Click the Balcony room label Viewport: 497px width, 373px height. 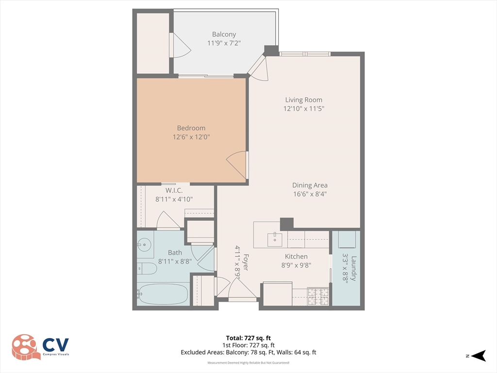[x=224, y=34]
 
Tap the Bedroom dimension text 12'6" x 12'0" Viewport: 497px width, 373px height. [x=191, y=137]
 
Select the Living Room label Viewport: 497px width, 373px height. [x=304, y=100]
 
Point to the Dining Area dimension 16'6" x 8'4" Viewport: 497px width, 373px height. [x=310, y=194]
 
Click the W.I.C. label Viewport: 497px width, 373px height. [x=174, y=190]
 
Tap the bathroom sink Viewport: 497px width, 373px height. [x=144, y=245]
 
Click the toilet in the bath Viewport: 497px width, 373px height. [x=147, y=269]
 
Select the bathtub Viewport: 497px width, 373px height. [x=162, y=294]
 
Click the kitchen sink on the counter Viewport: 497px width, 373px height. [x=275, y=239]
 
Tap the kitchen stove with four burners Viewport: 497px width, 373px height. [x=318, y=296]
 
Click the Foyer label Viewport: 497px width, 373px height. [x=246, y=262]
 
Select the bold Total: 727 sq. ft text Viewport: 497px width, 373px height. [x=248, y=338]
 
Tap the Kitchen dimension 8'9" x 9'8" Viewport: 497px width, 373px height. [x=296, y=265]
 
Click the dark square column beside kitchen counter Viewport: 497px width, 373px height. [x=287, y=224]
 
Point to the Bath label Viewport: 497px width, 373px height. [x=175, y=253]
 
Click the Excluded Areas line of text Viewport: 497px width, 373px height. [x=248, y=352]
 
